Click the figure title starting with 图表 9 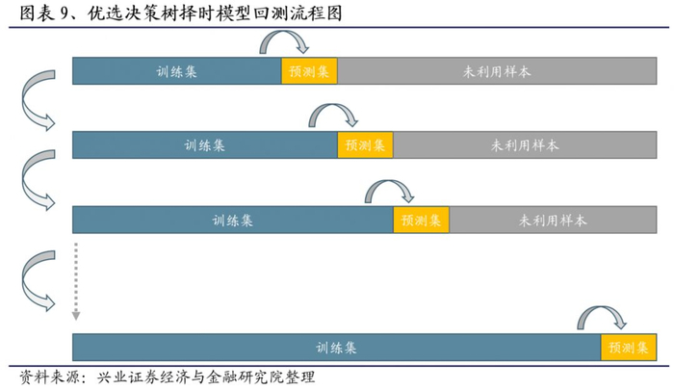[177, 14]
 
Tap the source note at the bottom [168, 377]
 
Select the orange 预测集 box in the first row [309, 70]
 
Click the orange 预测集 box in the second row [365, 145]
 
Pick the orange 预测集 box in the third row [421, 220]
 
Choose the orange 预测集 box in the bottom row [627, 348]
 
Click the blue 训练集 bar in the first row [177, 70]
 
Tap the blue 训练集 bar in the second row [205, 145]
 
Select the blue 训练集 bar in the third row [233, 220]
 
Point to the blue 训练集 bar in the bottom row [336, 348]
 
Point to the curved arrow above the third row [389, 189]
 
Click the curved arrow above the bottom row [602, 317]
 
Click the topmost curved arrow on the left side [36, 103]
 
